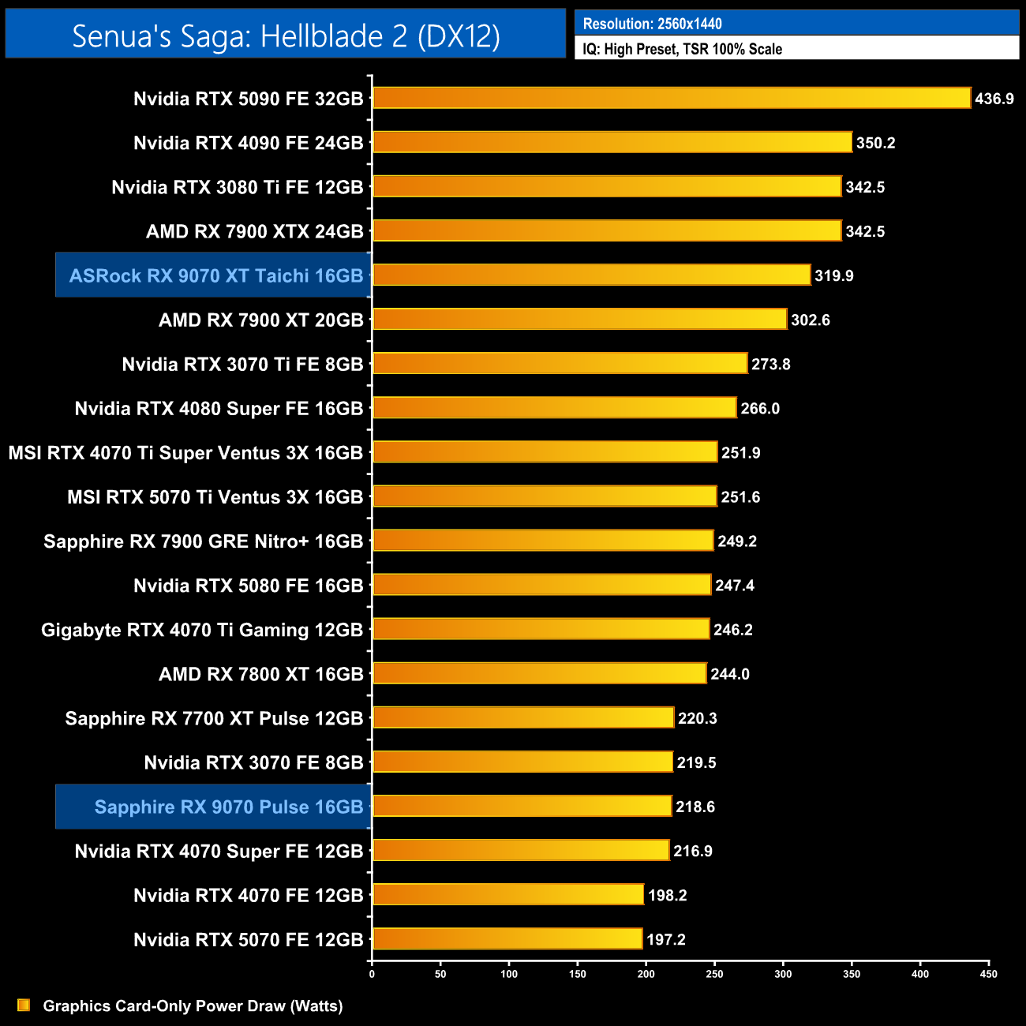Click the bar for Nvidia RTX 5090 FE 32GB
coord(671,98)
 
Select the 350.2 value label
coord(876,143)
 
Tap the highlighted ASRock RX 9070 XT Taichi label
coord(215,275)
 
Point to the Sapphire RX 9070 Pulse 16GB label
coord(228,807)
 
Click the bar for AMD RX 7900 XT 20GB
coord(579,319)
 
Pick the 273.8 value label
coord(771,364)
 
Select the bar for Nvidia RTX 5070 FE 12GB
coord(507,938)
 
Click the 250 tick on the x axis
coord(714,974)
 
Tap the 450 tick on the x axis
coord(989,974)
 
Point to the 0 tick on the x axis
coord(372,974)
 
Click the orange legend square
coord(24,1005)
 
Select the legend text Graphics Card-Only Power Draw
coord(193,1005)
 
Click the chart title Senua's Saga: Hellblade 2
coord(286,36)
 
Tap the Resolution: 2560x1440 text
coord(652,24)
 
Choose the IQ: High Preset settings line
coord(682,49)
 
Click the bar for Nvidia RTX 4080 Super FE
coord(554,407)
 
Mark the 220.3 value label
coord(698,718)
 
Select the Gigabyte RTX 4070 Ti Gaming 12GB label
coord(201,630)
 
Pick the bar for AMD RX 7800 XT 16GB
coord(539,673)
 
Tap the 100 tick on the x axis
coord(509,974)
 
